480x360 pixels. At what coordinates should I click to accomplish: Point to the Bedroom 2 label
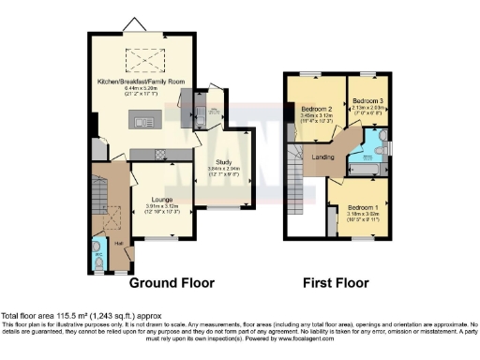318,109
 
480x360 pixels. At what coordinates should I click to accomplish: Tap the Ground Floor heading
172,282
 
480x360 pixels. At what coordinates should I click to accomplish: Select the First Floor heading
337,282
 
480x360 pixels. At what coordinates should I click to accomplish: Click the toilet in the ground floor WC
99,265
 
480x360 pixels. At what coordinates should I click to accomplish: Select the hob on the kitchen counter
160,153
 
